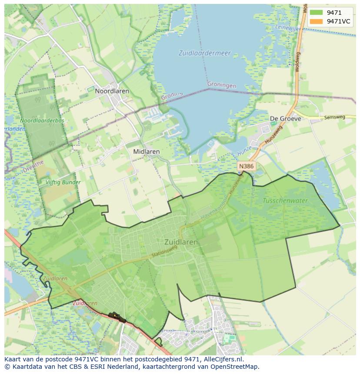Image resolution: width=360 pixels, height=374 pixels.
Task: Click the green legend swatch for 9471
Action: (x=316, y=13)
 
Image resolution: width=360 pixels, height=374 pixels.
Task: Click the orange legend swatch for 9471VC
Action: (x=316, y=21)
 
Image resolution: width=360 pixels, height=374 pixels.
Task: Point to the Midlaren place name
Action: (x=146, y=152)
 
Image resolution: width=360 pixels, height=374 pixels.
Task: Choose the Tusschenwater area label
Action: (x=285, y=201)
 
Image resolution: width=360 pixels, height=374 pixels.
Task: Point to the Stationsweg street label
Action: (x=165, y=255)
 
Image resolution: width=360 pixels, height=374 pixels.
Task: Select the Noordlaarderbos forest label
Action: (x=42, y=120)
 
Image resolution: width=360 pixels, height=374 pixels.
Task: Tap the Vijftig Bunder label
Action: (x=63, y=182)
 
